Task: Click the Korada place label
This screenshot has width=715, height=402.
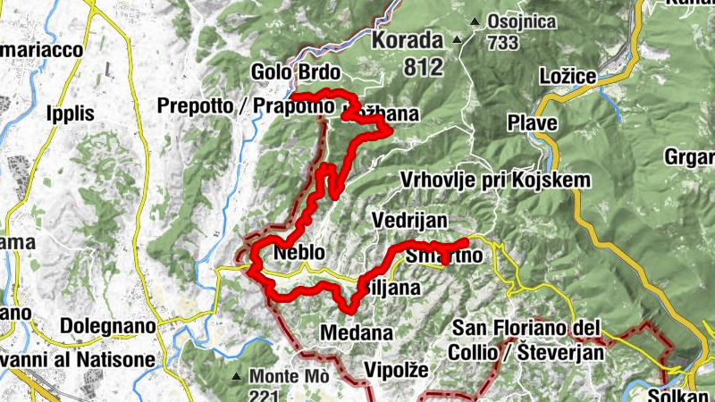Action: [x=407, y=40]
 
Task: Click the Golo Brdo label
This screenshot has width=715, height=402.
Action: [x=283, y=71]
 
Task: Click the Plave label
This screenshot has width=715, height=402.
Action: [x=533, y=121]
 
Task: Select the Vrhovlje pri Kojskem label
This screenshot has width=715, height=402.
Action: [x=496, y=180]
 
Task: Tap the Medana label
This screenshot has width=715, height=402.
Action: [x=356, y=333]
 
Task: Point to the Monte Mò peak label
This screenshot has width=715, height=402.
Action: [x=289, y=376]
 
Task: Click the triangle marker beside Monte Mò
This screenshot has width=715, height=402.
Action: [x=236, y=376]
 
